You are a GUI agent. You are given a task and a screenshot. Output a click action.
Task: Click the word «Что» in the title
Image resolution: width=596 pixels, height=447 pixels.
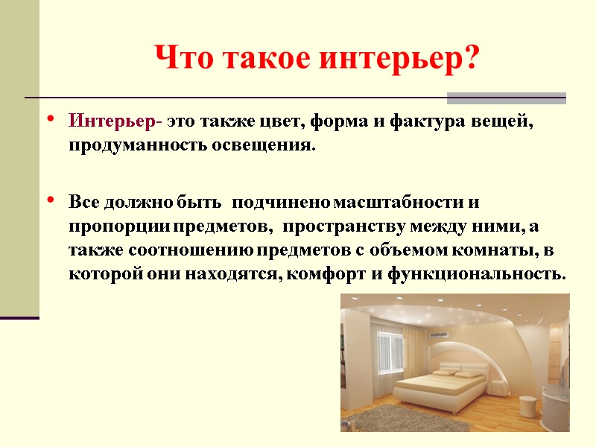pyautogui.click(x=178, y=58)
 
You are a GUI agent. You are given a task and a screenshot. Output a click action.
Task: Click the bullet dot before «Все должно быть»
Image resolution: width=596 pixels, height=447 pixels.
pyautogui.click(x=50, y=202)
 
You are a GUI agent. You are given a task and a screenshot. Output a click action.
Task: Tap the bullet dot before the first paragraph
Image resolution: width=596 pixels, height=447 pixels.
pyautogui.click(x=50, y=119)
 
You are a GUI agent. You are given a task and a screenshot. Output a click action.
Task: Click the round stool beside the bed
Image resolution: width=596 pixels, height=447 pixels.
pyautogui.click(x=527, y=406)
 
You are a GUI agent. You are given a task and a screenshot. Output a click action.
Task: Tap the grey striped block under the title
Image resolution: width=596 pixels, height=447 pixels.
pyautogui.click(x=506, y=98)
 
